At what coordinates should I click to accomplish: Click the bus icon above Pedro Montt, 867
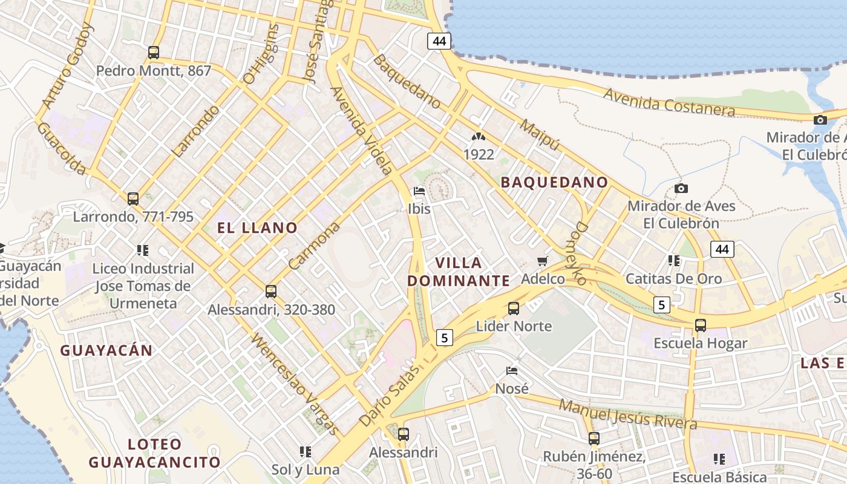[x=154, y=53]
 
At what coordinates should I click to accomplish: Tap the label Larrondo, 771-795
[x=133, y=217]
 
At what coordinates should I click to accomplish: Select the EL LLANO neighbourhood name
[x=257, y=228]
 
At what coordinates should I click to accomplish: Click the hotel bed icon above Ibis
[x=419, y=192]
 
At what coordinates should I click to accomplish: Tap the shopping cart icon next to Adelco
[x=542, y=261]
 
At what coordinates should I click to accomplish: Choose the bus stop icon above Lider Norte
[x=514, y=309]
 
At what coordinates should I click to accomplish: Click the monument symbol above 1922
[x=479, y=137]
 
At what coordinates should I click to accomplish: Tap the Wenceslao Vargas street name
[x=295, y=384]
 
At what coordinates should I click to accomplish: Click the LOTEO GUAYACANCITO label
[x=155, y=454]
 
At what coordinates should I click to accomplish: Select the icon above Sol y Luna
[x=306, y=451]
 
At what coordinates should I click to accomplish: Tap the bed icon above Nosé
[x=512, y=370]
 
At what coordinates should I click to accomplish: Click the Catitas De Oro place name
[x=673, y=279]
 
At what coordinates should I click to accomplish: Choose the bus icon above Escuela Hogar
[x=701, y=325]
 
